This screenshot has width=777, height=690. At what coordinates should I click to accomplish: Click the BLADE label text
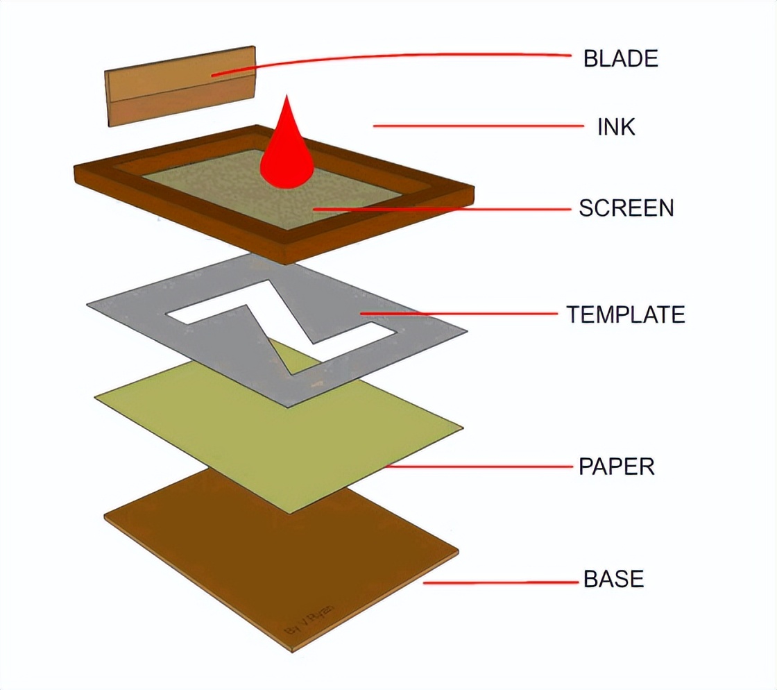pyautogui.click(x=620, y=58)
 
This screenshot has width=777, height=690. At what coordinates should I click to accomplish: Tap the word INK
pyautogui.click(x=616, y=127)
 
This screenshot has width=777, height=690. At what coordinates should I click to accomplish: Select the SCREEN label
pyautogui.click(x=626, y=208)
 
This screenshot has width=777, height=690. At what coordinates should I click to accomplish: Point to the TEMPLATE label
pyautogui.click(x=626, y=314)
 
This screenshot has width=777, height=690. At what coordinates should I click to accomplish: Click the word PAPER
pyautogui.click(x=617, y=466)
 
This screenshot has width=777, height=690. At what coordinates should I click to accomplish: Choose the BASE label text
pyautogui.click(x=614, y=579)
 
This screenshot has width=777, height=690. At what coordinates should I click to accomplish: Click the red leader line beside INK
pyautogui.click(x=479, y=126)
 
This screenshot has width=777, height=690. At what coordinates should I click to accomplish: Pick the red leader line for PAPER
pyautogui.click(x=486, y=466)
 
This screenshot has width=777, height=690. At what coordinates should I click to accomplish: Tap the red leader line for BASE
pyautogui.click(x=499, y=582)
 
